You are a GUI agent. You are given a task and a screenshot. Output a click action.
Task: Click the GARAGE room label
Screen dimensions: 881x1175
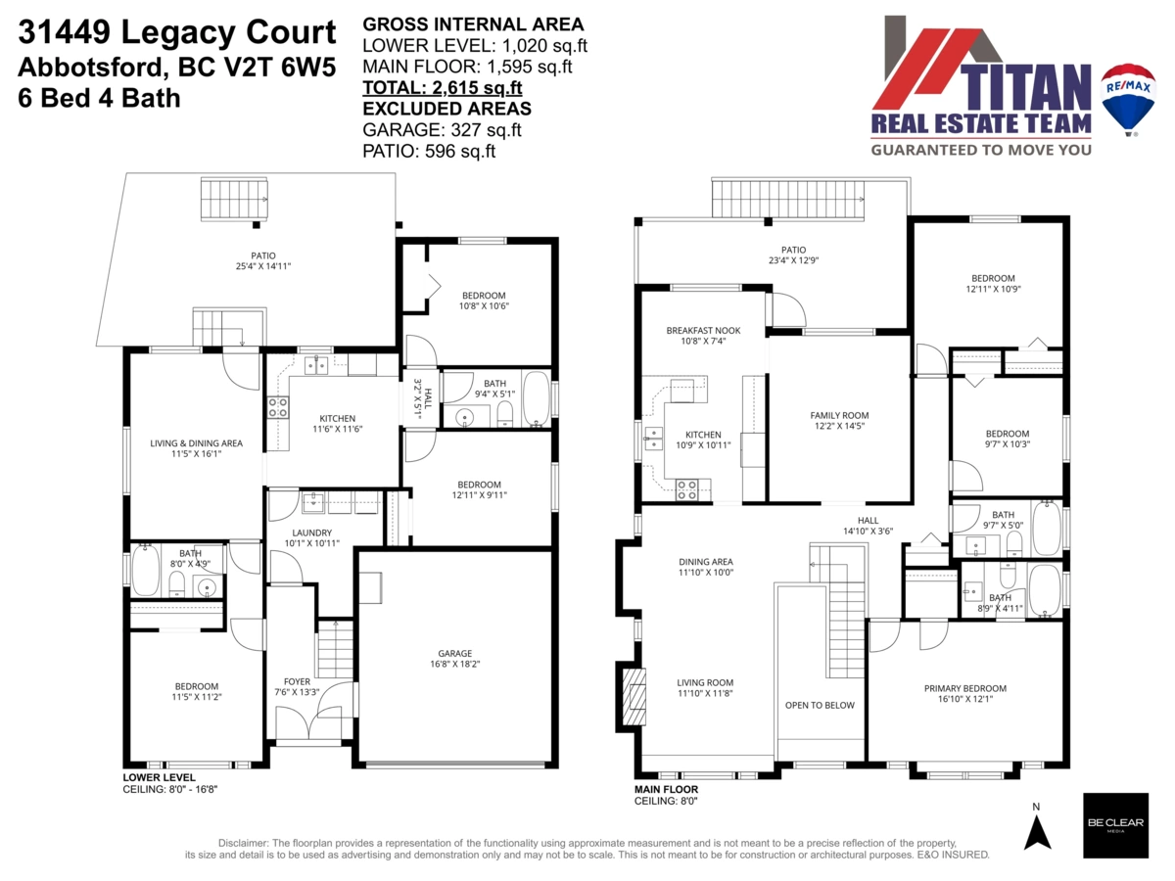[454, 653]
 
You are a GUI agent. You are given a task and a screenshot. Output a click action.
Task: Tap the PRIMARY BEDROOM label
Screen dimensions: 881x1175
[965, 688]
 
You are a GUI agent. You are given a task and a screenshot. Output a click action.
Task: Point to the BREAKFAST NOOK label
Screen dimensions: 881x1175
[702, 331]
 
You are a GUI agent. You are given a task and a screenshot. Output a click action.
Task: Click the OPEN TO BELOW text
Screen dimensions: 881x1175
[820, 705]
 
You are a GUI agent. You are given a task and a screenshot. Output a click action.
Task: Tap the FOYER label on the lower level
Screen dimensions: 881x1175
[297, 681]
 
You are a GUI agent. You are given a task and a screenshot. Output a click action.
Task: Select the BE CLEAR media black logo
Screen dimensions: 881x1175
[1114, 825]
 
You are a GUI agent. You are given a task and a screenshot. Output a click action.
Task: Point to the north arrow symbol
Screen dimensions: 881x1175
[1037, 830]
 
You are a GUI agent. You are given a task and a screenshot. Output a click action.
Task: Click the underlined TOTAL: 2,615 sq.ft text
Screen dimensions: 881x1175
[443, 88]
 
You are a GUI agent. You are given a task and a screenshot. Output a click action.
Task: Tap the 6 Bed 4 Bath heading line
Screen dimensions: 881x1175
[99, 98]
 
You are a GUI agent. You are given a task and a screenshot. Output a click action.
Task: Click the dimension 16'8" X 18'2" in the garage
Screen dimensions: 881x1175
[454, 665]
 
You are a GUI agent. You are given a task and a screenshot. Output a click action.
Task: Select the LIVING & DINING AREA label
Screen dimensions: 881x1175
[196, 443]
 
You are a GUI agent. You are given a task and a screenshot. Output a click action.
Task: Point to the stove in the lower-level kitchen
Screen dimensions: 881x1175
[278, 407]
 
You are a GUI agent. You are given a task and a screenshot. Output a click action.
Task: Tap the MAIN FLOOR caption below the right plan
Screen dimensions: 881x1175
[667, 789]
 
